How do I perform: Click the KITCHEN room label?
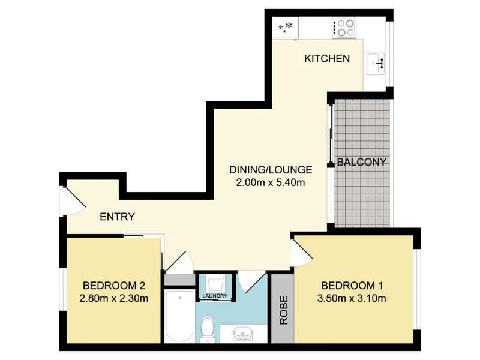click(x=327, y=59)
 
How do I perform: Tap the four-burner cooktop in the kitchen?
click(x=345, y=28)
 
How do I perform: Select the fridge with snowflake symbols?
click(x=286, y=28)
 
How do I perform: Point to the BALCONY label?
click(x=361, y=162)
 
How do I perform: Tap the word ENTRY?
click(x=117, y=217)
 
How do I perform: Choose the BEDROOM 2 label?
click(x=114, y=286)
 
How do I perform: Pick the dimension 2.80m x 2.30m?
click(x=114, y=298)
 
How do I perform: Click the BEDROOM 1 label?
click(x=353, y=286)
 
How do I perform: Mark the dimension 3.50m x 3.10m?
click(x=353, y=298)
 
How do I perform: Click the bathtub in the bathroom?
click(x=179, y=316)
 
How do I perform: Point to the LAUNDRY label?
click(x=214, y=296)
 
